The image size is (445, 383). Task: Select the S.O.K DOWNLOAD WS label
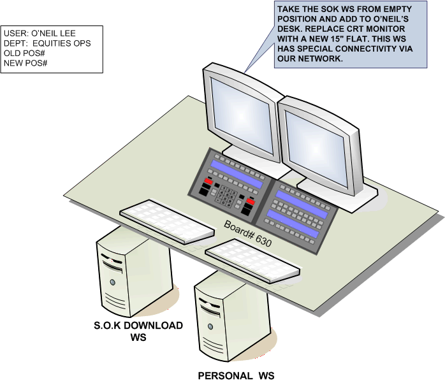[x=138, y=331]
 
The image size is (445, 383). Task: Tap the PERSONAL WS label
[x=236, y=375]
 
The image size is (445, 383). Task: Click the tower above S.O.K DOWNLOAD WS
[x=128, y=271]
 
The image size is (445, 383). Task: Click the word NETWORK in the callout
[x=323, y=59]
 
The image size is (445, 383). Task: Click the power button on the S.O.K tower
[x=112, y=281]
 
